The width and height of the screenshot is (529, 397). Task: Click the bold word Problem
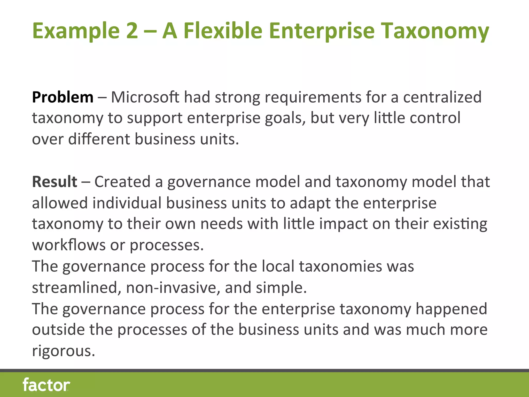click(x=63, y=98)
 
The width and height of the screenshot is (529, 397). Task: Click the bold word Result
click(x=55, y=182)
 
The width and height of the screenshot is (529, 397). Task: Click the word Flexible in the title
click(x=223, y=31)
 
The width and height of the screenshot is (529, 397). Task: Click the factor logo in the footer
click(x=46, y=385)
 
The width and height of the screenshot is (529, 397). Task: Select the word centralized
click(x=442, y=97)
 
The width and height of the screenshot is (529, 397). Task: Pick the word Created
click(x=122, y=182)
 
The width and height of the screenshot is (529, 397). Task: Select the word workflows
click(x=69, y=245)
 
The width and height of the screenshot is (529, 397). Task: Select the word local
click(x=278, y=266)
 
